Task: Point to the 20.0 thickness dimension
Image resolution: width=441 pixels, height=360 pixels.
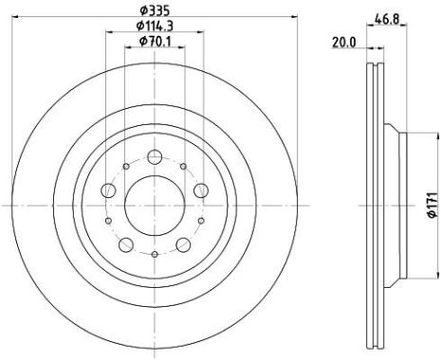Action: pyautogui.click(x=344, y=43)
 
